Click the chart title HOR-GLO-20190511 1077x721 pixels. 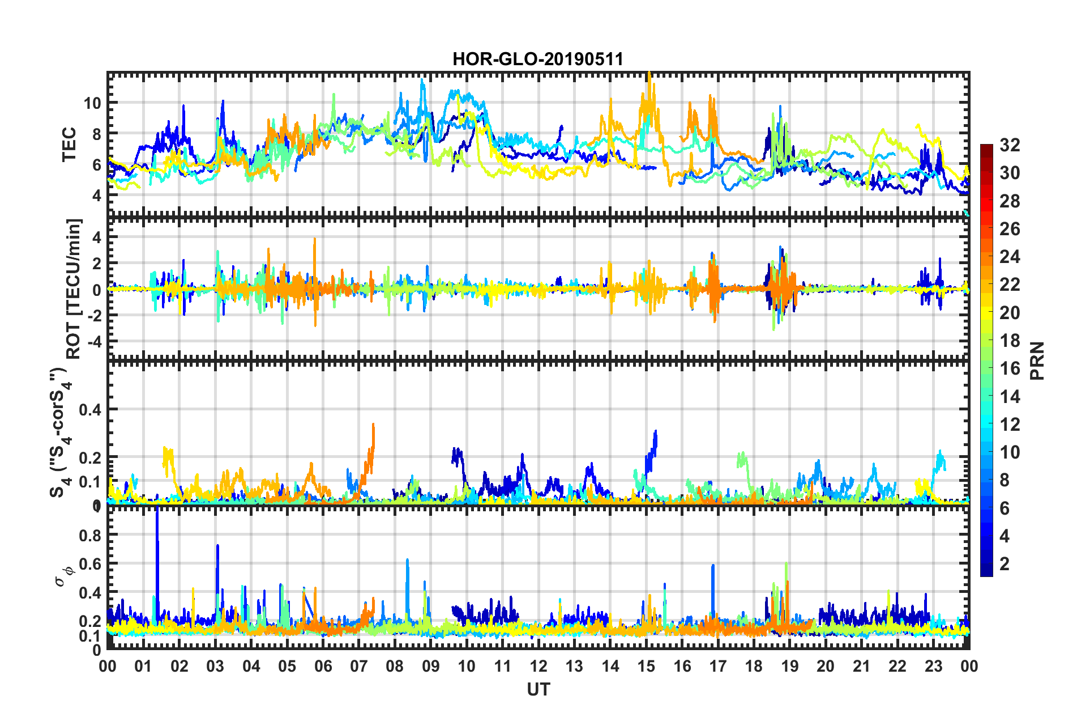pyautogui.click(x=537, y=59)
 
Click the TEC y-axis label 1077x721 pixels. pyautogui.click(x=69, y=145)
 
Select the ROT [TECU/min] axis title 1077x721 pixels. pyautogui.click(x=74, y=289)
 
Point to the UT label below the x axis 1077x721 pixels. pyautogui.click(x=538, y=689)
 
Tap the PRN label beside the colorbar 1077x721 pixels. pyautogui.click(x=1037, y=360)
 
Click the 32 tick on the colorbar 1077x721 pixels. pyautogui.click(x=1010, y=145)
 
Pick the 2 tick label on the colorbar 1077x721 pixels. pyautogui.click(x=1005, y=563)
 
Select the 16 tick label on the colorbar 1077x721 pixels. pyautogui.click(x=1010, y=368)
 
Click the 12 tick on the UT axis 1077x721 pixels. pyautogui.click(x=538, y=666)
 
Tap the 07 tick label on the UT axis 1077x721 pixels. pyautogui.click(x=358, y=666)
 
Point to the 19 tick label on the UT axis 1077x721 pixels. pyautogui.click(x=789, y=666)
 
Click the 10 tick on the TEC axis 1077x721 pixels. pyautogui.click(x=92, y=103)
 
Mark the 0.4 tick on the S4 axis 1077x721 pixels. pyautogui.click(x=90, y=409)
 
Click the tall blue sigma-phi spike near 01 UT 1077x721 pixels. pyautogui.click(x=157, y=544)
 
